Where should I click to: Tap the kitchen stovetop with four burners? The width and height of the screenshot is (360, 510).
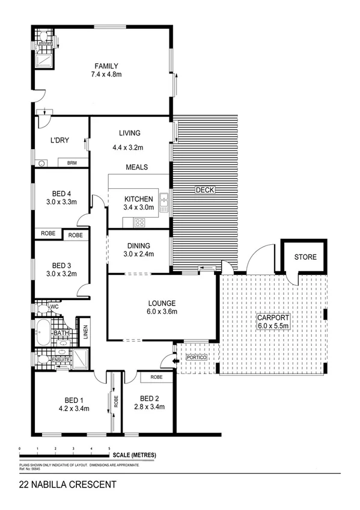coord(139,222)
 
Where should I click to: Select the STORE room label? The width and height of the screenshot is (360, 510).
coord(305,257)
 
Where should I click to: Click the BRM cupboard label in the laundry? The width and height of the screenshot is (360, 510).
coord(72,163)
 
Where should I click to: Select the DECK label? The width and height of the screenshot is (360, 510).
coord(205,190)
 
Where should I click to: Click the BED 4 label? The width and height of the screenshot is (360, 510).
coord(61,193)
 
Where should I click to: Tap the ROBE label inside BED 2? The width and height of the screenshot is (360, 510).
coord(156,377)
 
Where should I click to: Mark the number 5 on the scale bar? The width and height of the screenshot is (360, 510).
coord(109,449)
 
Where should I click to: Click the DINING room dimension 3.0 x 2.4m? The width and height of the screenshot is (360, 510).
coord(139,254)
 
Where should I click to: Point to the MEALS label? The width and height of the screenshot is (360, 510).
coord(137,167)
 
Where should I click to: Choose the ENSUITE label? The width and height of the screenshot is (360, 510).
coord(61,360)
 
